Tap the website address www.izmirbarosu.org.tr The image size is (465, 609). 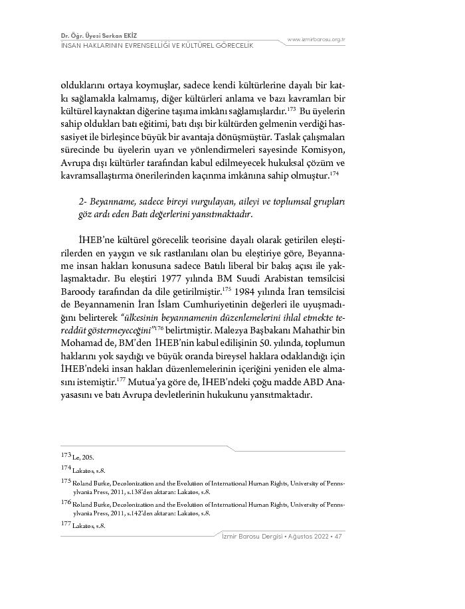(x=316, y=40)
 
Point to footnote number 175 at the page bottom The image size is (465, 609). (x=65, y=480)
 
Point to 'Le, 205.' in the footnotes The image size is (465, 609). (x=82, y=458)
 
